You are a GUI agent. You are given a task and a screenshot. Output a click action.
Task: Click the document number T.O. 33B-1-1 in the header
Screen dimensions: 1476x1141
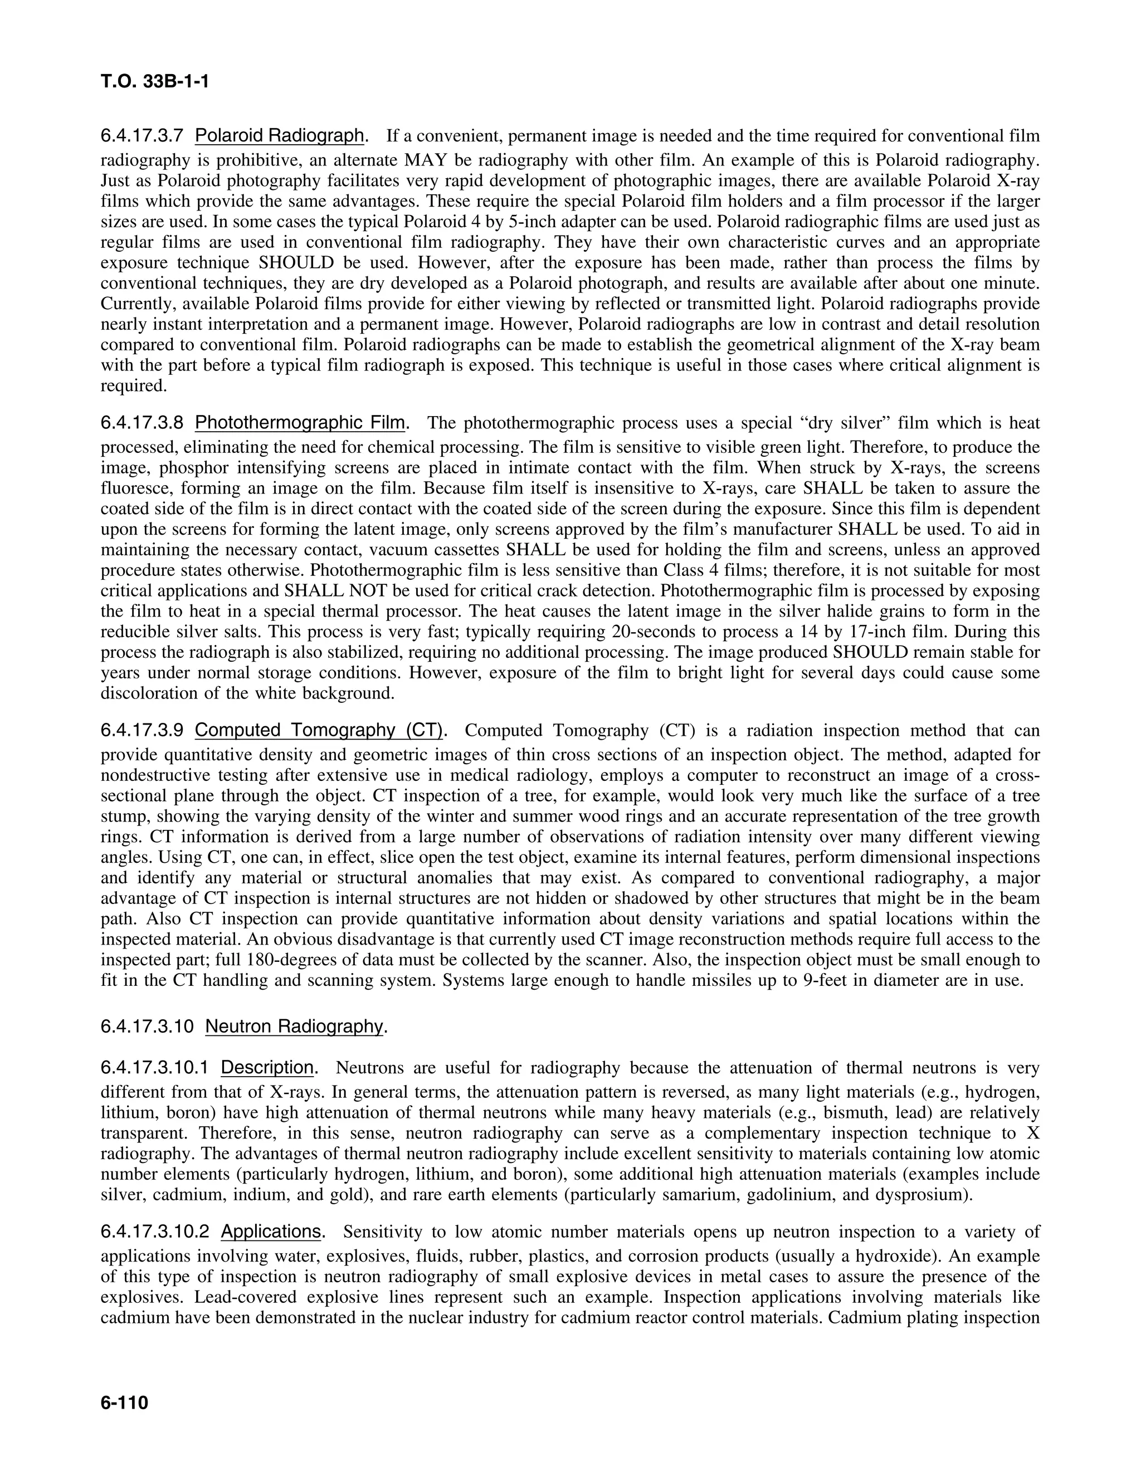[155, 82]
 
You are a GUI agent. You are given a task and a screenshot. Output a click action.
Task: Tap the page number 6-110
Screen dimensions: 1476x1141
[124, 1404]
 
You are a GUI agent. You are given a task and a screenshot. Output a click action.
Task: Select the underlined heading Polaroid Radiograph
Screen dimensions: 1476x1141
[280, 136]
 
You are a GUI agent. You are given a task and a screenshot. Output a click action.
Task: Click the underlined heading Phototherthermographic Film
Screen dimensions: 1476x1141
[301, 423]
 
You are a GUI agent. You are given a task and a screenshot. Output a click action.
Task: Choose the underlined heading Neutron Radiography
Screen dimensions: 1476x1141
[295, 1027]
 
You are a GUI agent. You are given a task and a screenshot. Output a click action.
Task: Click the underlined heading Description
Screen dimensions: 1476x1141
[267, 1068]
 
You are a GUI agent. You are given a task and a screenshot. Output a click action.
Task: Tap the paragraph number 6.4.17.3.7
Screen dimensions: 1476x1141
[142, 136]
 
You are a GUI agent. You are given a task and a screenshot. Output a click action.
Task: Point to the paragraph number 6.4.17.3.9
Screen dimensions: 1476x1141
[142, 731]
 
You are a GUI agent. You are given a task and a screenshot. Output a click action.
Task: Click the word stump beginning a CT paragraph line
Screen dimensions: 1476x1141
[121, 816]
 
